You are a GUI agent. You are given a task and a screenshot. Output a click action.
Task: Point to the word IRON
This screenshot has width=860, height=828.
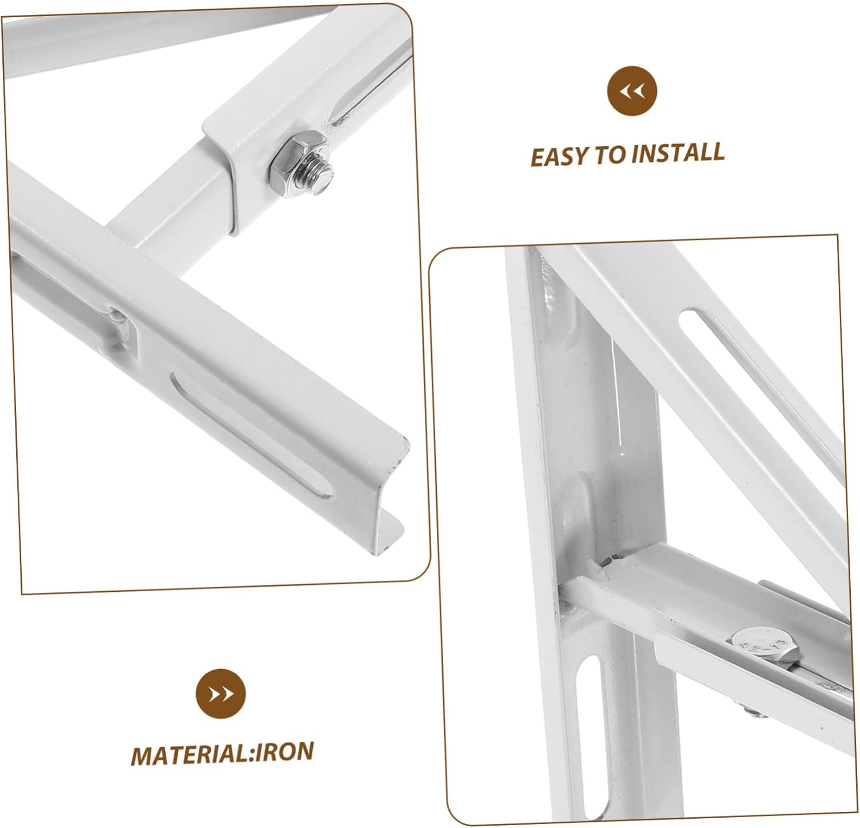[x=283, y=752]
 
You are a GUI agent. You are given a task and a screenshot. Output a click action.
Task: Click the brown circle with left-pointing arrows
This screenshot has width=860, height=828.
[x=632, y=91]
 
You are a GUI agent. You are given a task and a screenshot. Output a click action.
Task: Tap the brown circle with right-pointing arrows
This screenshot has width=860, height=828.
[x=221, y=693]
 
